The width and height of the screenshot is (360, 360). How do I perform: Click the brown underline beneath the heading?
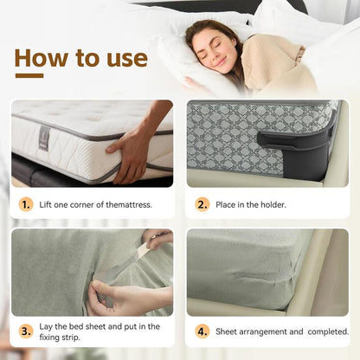[29, 76]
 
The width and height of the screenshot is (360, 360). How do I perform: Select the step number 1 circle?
[26, 205]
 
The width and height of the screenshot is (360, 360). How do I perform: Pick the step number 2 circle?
[202, 205]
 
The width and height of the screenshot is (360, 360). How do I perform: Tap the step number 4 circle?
[202, 331]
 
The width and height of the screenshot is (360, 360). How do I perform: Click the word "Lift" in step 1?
[48, 205]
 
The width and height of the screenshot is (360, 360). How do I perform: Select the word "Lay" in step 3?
[48, 326]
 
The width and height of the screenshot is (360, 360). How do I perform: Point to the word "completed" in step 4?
[323, 331]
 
